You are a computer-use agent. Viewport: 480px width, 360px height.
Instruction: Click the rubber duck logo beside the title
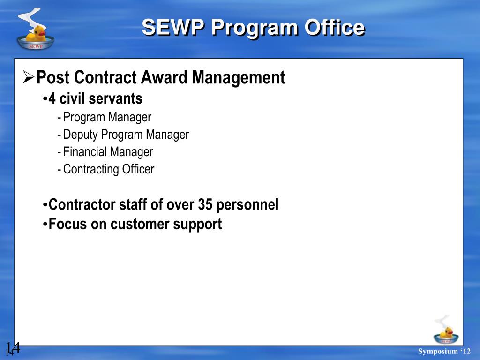click(35, 32)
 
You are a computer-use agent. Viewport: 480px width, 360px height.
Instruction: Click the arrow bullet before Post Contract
click(29, 77)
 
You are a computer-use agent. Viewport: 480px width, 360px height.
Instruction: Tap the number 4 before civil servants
click(52, 99)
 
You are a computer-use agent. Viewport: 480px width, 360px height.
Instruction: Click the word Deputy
click(81, 135)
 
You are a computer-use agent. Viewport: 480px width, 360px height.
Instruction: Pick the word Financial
click(85, 152)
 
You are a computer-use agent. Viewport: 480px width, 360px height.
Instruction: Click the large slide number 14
click(13, 348)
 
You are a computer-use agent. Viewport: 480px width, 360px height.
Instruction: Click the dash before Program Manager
click(59, 118)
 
